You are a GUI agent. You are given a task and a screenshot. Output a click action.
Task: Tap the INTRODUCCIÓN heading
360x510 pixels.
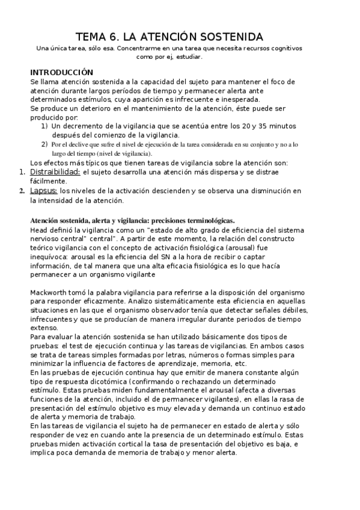point(61,72)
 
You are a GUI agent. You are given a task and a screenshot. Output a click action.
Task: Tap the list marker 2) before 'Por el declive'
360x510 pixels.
point(44,144)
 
